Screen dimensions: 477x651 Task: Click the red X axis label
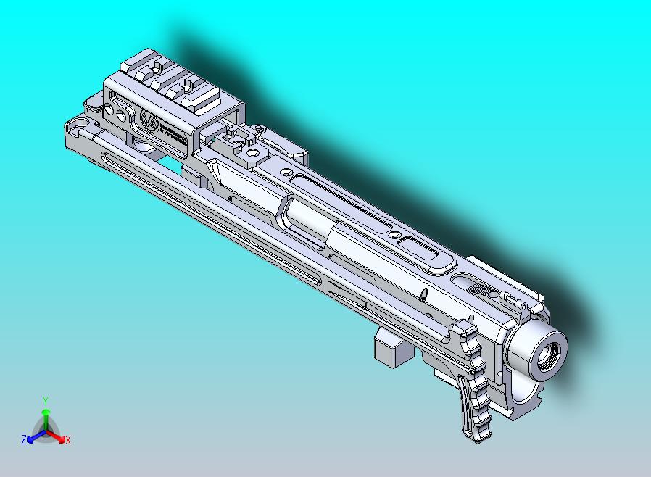67,440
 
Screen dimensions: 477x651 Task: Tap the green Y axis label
45,401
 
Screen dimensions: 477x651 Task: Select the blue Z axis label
23,439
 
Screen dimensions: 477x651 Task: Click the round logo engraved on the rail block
150,122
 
